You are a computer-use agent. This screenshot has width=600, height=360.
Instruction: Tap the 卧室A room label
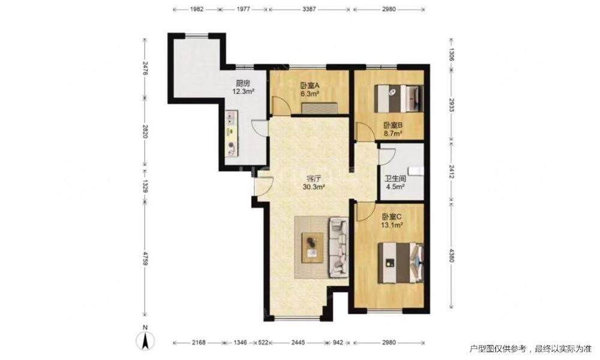310,86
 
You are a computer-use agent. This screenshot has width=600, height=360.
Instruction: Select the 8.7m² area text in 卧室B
393,134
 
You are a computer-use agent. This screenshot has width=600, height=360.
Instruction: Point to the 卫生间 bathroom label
395,179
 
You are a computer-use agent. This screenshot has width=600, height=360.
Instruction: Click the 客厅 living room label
314,179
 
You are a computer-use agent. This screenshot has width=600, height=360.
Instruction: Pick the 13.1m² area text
392,226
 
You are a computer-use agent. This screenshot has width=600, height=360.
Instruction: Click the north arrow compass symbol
145,338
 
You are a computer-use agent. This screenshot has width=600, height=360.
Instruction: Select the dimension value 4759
145,259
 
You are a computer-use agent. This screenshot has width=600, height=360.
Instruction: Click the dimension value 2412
452,172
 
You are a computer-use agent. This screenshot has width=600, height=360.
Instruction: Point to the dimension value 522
263,343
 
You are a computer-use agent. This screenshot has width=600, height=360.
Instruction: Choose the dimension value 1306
452,55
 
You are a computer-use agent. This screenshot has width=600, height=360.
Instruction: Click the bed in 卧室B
398,98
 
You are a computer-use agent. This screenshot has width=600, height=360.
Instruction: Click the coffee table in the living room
312,248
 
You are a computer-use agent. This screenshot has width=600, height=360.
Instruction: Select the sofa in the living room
338,247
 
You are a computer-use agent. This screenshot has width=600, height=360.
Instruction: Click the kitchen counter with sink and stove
232,134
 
